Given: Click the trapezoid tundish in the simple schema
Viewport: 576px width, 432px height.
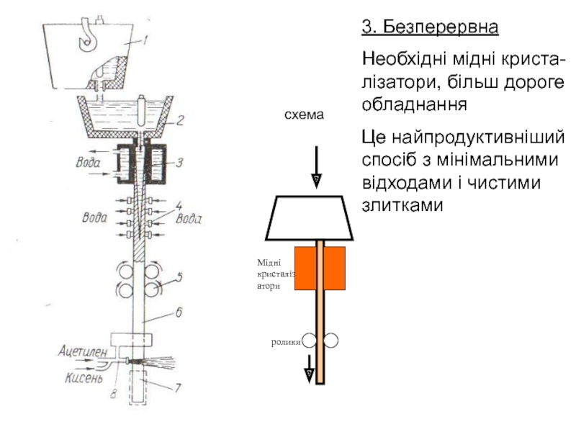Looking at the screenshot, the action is (x=310, y=217).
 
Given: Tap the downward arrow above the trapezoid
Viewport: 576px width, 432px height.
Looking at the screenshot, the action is (x=315, y=166).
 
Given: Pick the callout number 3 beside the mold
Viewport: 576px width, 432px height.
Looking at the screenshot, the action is (x=180, y=163).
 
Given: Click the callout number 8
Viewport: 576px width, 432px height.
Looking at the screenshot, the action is (x=112, y=393).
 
